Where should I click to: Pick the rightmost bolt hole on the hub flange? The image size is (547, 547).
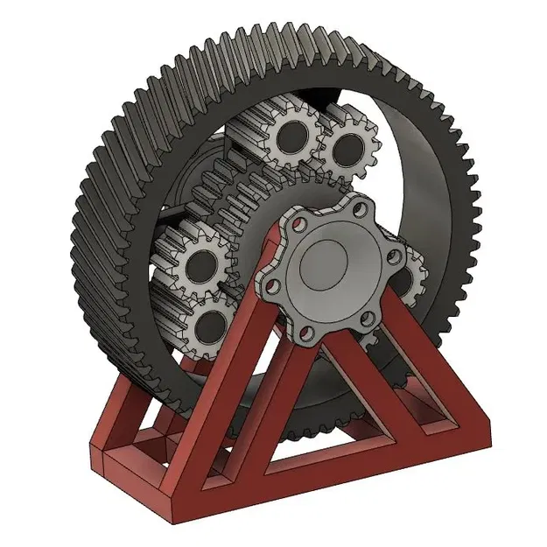click(395, 257)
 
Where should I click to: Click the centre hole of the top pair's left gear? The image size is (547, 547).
click(289, 136)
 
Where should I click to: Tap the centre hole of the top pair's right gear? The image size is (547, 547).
click(347, 147)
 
